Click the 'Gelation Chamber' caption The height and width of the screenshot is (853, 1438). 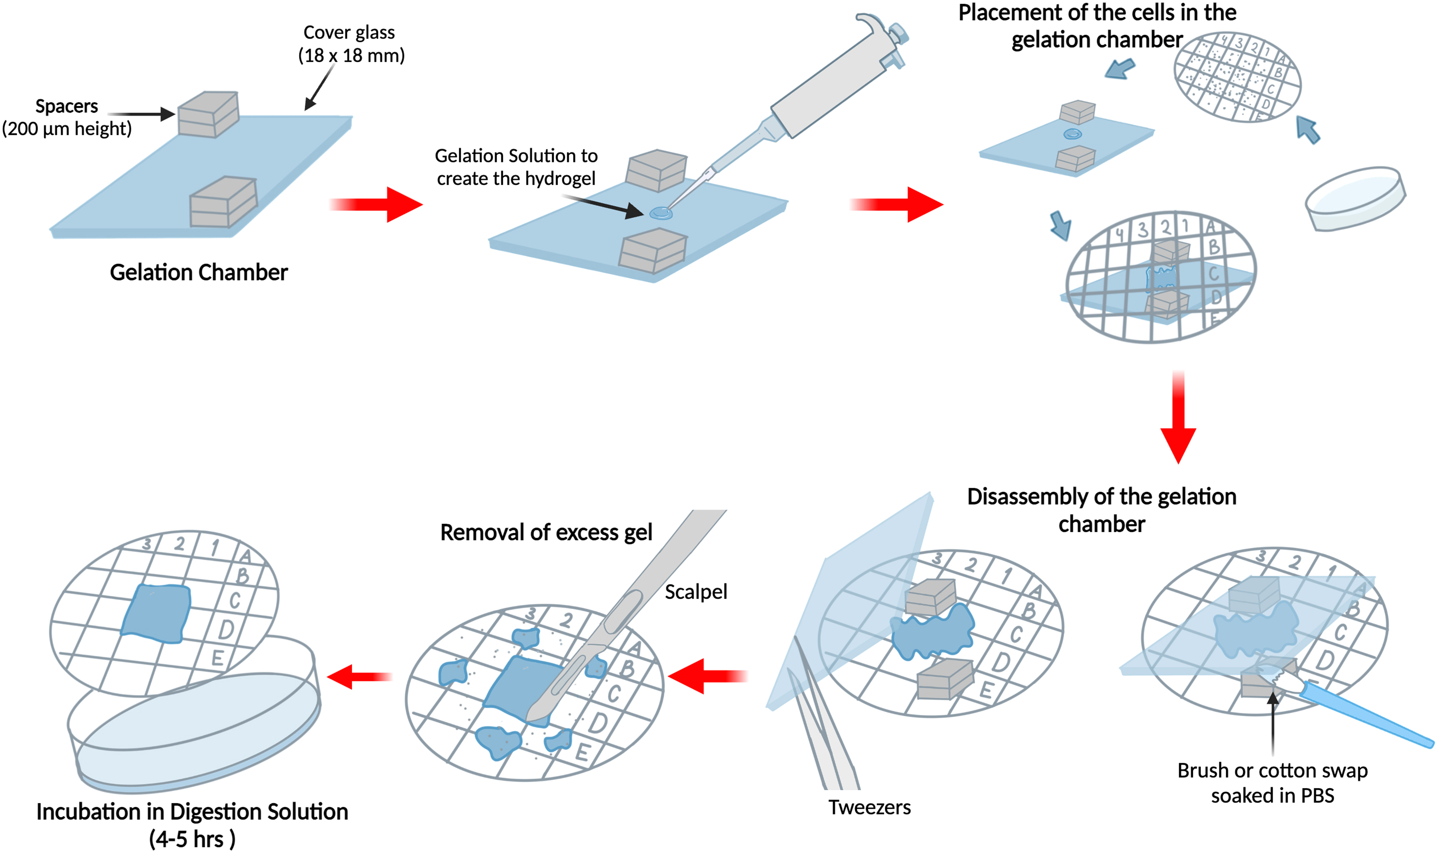pyautogui.click(x=198, y=272)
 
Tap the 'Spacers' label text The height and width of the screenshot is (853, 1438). pyautogui.click(x=67, y=107)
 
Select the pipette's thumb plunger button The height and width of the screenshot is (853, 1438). pyautogui.click(x=898, y=33)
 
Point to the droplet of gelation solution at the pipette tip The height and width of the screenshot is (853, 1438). pyautogui.click(x=661, y=213)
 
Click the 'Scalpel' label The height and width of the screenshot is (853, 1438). pyautogui.click(x=695, y=591)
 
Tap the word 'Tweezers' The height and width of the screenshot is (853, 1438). pyautogui.click(x=869, y=808)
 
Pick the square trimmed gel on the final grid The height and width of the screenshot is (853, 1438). pyautogui.click(x=156, y=613)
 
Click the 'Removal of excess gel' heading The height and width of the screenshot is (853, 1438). pyautogui.click(x=546, y=532)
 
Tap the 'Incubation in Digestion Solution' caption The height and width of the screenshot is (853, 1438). pyautogui.click(x=192, y=811)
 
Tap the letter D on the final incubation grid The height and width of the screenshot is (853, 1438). pyautogui.click(x=225, y=630)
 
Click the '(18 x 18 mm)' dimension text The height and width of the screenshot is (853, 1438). pyautogui.click(x=351, y=56)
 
